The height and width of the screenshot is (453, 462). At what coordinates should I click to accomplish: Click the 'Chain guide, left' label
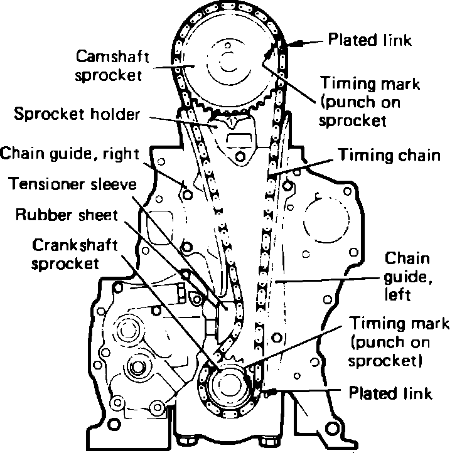(x=406, y=275)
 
